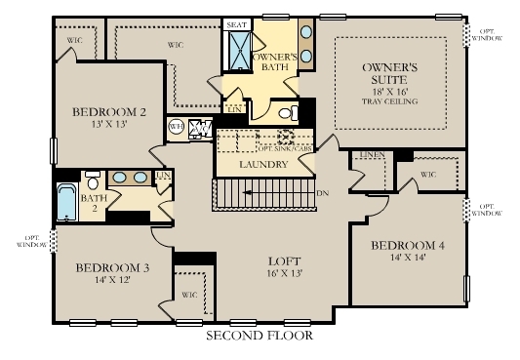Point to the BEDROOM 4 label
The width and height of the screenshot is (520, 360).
point(407,245)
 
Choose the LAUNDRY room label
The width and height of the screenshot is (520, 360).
point(263,165)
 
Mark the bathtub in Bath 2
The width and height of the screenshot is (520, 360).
point(67,204)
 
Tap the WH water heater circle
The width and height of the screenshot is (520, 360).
point(177,127)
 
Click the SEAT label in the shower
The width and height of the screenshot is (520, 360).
point(237,24)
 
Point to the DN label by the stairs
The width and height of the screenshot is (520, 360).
point(323,193)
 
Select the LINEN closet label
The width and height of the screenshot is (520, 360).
point(371,156)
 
